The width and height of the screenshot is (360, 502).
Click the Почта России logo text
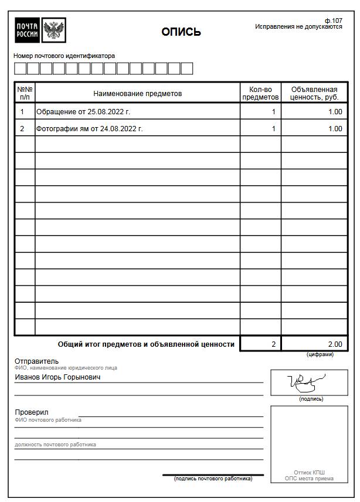pyautogui.click(x=28, y=30)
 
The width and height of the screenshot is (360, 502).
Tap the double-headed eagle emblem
pyautogui.click(x=55, y=30)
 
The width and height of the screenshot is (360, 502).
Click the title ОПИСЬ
pyautogui.click(x=181, y=32)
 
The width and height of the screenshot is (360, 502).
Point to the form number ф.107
pyautogui.click(x=333, y=21)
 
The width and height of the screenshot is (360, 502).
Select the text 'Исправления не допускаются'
pyautogui.click(x=298, y=27)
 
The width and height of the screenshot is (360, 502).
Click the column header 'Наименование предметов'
pyautogui.click(x=138, y=94)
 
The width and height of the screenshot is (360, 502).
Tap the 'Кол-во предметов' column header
pyautogui.click(x=260, y=94)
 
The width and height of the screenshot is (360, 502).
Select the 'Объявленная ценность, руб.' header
pyautogui.click(x=314, y=94)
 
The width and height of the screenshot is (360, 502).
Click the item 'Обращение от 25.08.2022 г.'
pyautogui.click(x=83, y=112)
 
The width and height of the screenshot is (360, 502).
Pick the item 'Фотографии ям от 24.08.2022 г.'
pyautogui.click(x=90, y=129)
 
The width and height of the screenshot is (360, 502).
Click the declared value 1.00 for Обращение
pyautogui.click(x=335, y=112)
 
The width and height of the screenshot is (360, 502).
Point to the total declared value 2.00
pyautogui.click(x=335, y=344)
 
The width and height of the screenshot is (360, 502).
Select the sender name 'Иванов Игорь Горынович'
pyautogui.click(x=57, y=378)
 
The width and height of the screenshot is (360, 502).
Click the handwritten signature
pyautogui.click(x=308, y=383)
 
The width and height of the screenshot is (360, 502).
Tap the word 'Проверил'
pyautogui.click(x=32, y=412)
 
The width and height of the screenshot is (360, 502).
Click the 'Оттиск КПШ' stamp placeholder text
pyautogui.click(x=309, y=472)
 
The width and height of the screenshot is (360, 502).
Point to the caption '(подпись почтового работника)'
pyautogui.click(x=213, y=479)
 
